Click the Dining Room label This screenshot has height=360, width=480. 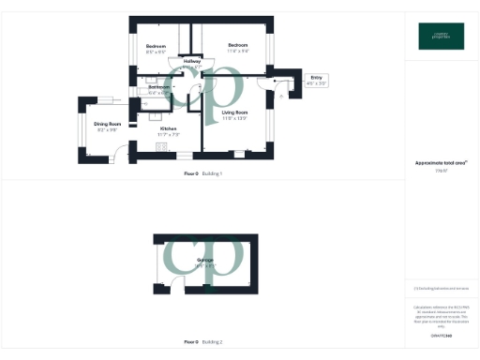point(109,124)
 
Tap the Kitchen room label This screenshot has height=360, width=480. point(168,128)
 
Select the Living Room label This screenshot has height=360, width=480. point(235,112)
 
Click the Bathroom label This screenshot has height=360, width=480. point(158,87)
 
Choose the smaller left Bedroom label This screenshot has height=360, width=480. point(156,46)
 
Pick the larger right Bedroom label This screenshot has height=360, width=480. point(238,45)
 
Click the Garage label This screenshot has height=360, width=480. point(204,260)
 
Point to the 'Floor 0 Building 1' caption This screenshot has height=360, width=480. point(202,174)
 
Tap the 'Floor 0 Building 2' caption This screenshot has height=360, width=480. point(202,341)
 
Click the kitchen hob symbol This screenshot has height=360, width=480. point(161,147)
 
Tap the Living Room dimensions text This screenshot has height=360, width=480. point(234,119)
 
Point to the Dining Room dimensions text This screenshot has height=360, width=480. point(108,129)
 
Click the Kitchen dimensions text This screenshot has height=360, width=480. point(169,135)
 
